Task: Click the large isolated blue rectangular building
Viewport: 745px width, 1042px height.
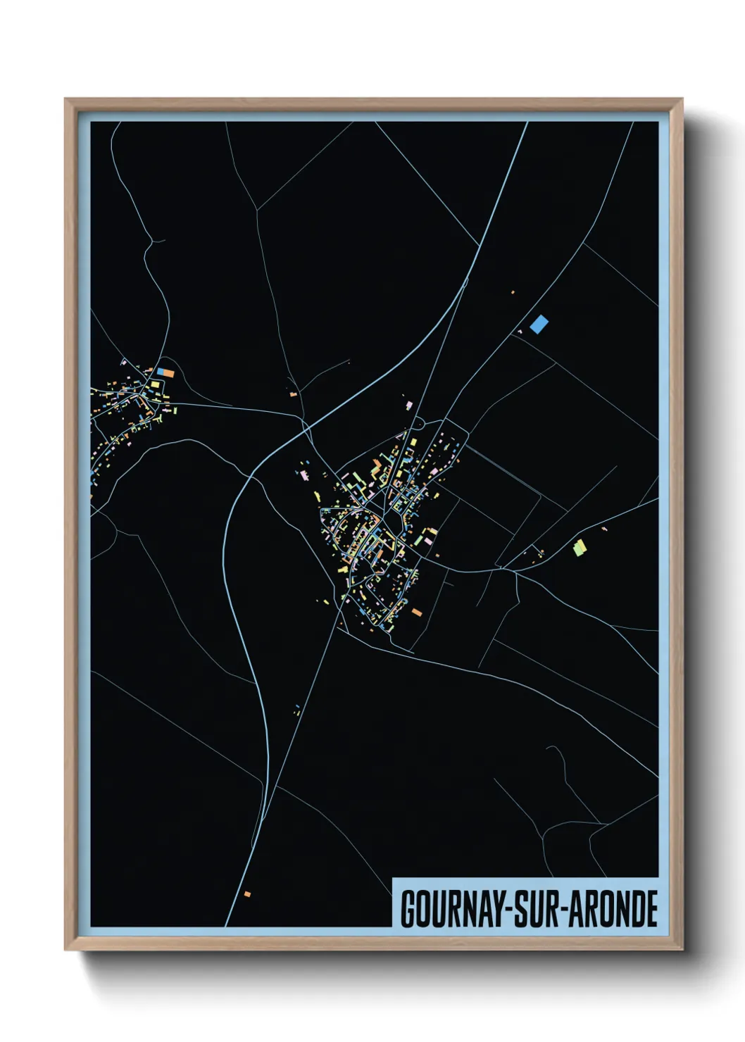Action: (x=539, y=324)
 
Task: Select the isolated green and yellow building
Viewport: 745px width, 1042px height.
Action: (x=579, y=547)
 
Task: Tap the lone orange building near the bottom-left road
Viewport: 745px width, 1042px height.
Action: (x=247, y=894)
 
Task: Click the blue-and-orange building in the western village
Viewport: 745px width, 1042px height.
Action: (x=165, y=372)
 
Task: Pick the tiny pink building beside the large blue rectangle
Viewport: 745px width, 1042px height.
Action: (x=522, y=331)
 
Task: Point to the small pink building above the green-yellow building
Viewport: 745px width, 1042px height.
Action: (x=604, y=528)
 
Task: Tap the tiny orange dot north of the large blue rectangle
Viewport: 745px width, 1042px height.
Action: (x=513, y=291)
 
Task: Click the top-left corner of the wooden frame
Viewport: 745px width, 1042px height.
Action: (x=65, y=99)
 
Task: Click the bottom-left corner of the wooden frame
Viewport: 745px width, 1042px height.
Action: (x=65, y=950)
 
